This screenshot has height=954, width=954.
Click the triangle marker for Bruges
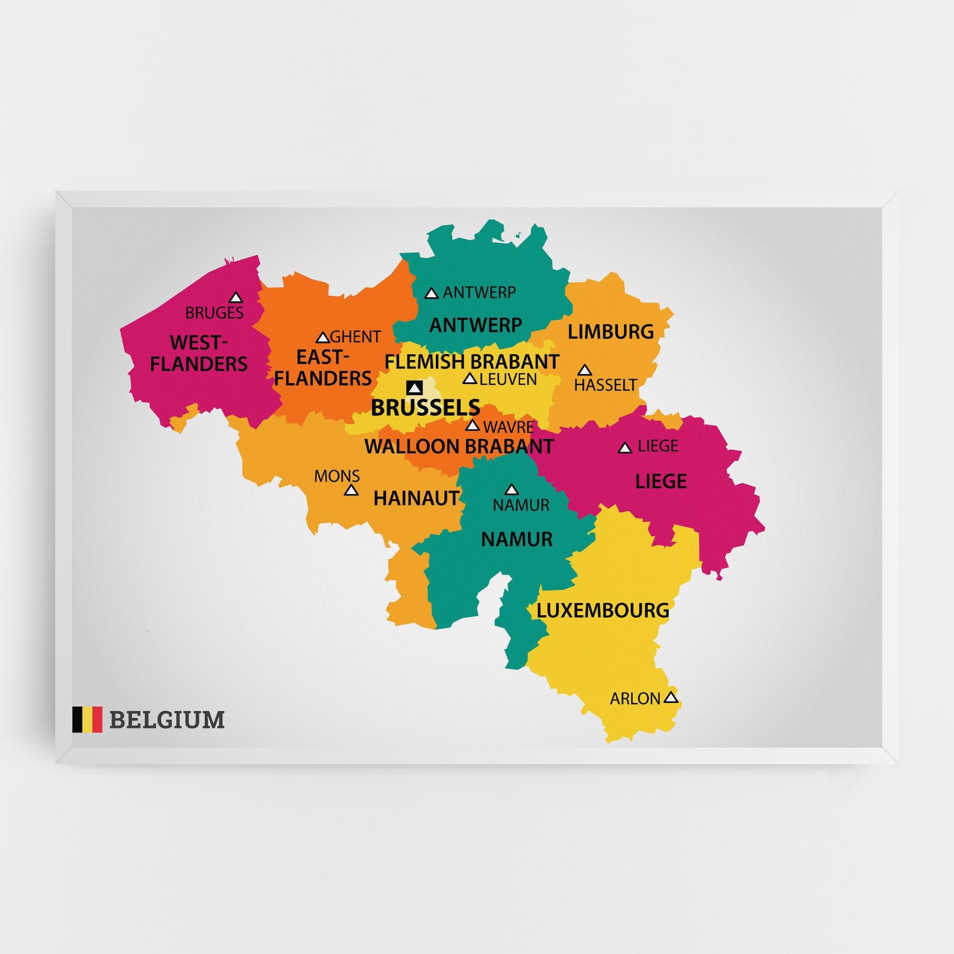click(x=235, y=298)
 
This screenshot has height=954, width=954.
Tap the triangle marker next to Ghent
click(x=323, y=337)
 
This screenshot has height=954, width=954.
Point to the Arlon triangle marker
click(x=671, y=697)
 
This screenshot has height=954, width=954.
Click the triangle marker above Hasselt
click(x=583, y=371)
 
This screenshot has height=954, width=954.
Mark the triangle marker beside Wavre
click(x=472, y=426)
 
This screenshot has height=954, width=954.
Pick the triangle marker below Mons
click(x=351, y=490)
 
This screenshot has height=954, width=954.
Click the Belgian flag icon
click(x=87, y=720)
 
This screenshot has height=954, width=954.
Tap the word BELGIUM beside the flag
click(x=167, y=720)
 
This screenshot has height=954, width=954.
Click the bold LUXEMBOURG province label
click(x=603, y=611)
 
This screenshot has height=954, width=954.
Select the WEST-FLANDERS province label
click(x=199, y=353)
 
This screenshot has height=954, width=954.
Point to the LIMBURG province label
click(x=611, y=332)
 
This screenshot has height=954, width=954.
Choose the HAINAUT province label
click(x=417, y=498)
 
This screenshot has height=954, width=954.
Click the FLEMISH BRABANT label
click(x=471, y=362)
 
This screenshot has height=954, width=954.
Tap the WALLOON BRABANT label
click(x=459, y=446)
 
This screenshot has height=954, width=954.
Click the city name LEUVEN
click(x=508, y=379)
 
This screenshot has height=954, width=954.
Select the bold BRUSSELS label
click(x=425, y=408)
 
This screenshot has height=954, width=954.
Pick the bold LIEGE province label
click(x=661, y=482)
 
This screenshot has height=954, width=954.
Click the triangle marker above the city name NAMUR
click(x=511, y=489)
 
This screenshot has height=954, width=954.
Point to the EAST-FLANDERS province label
click(x=323, y=368)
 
